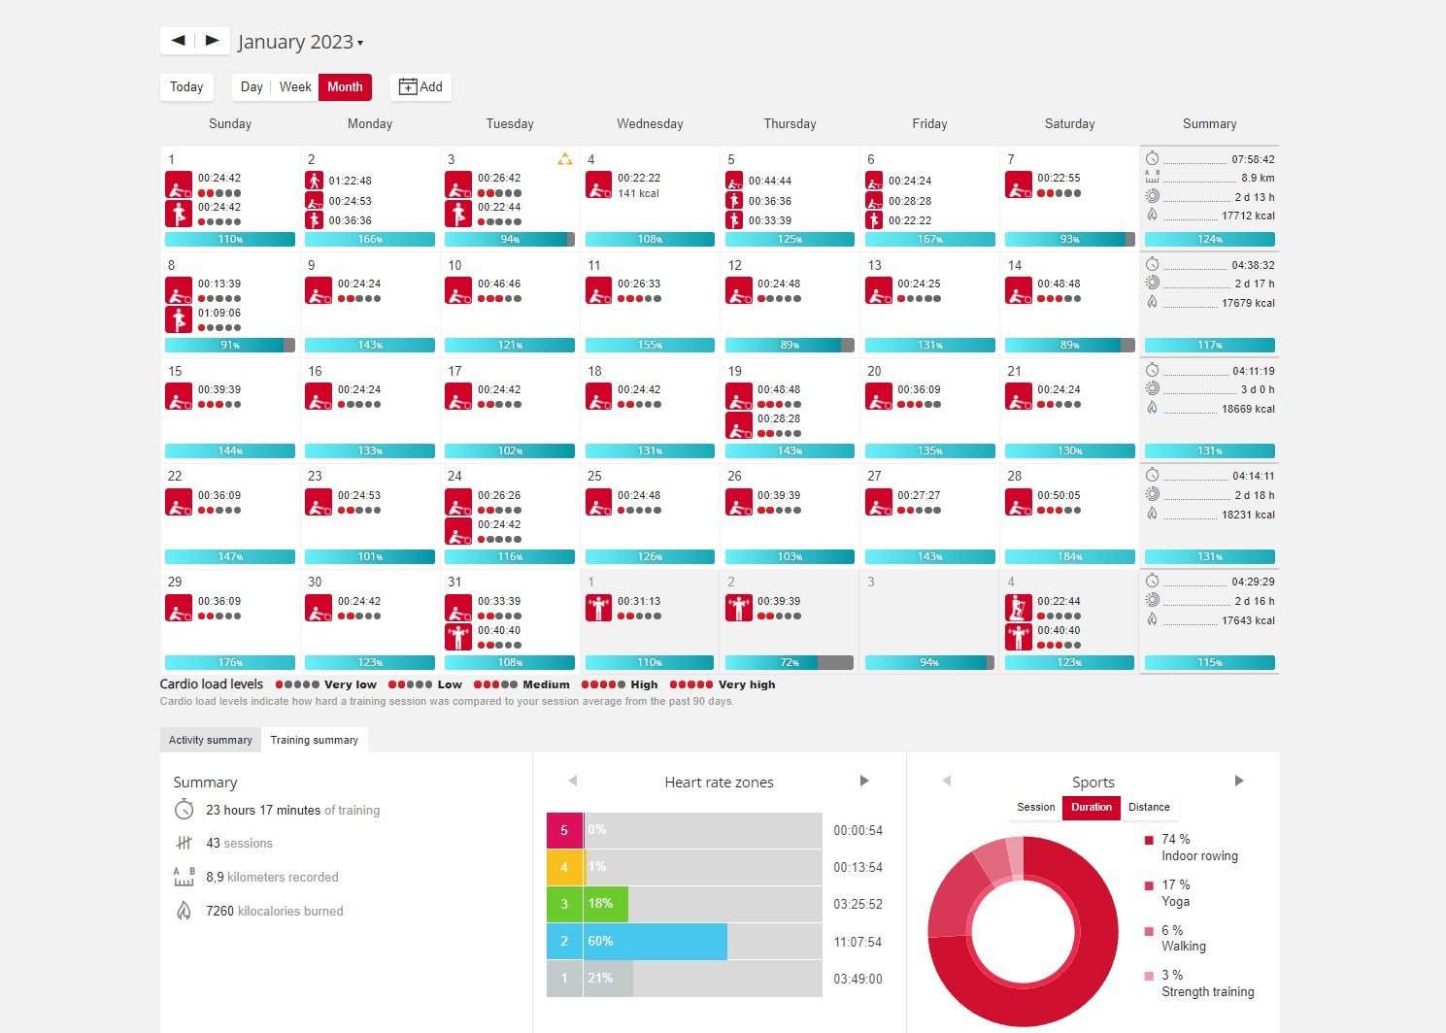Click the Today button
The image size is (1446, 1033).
click(x=186, y=86)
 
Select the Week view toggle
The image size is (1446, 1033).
click(x=295, y=86)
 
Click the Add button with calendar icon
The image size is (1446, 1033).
click(x=420, y=86)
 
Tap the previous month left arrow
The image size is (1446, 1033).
click(x=178, y=41)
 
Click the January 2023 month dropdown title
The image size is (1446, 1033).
click(x=300, y=42)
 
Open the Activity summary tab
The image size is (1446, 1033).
click(x=210, y=740)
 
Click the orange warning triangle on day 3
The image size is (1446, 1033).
click(x=565, y=159)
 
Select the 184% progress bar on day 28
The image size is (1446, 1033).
click(x=1069, y=556)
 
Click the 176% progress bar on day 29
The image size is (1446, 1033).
click(x=230, y=662)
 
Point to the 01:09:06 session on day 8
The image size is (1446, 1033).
click(x=219, y=313)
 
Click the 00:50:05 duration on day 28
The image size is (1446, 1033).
click(x=1059, y=495)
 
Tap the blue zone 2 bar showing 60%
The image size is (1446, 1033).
click(x=656, y=941)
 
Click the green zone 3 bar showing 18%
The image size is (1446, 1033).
click(x=606, y=904)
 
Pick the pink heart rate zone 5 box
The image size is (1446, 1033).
click(x=564, y=830)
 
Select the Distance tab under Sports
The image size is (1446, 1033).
click(x=1149, y=807)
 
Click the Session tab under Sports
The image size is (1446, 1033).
click(x=1035, y=807)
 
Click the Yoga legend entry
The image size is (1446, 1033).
click(x=1175, y=893)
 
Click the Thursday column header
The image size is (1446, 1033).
click(x=790, y=123)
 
